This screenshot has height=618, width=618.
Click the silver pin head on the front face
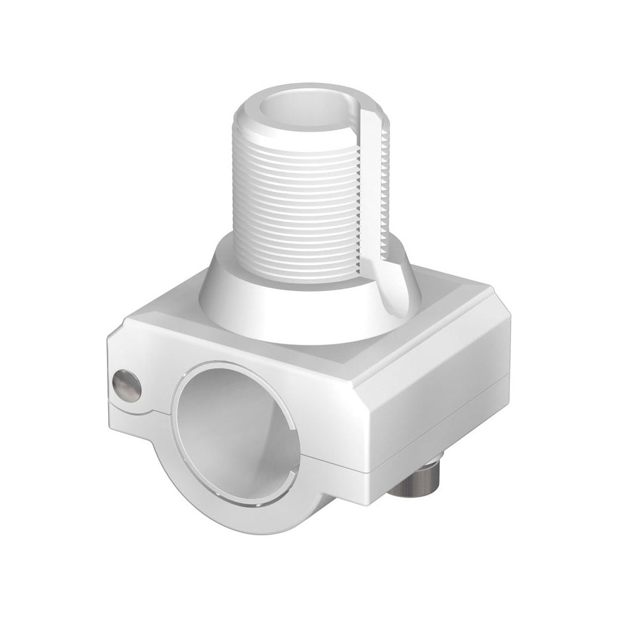coord(127,384)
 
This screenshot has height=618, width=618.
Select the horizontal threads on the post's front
coord(297,198)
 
